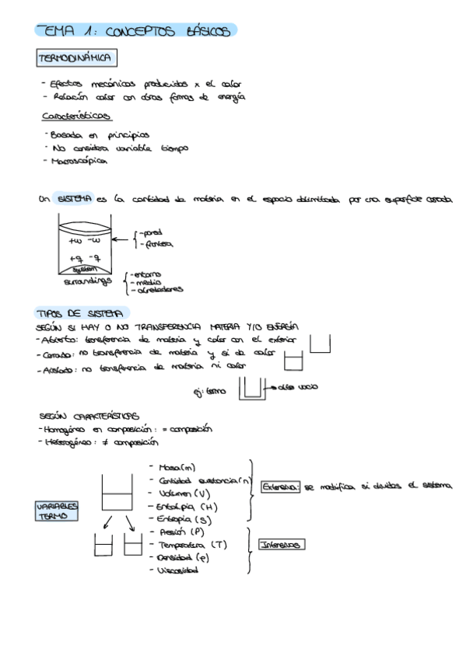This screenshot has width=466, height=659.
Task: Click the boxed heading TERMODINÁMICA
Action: (76, 59)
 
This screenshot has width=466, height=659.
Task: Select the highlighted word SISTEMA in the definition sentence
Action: (73, 199)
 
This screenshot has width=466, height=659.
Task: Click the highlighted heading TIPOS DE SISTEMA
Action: (77, 314)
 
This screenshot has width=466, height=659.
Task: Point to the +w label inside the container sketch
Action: (75, 241)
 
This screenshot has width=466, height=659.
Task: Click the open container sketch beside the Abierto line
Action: (321, 343)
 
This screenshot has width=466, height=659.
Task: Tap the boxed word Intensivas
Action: (281, 545)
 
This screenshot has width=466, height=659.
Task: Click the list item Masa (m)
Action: (177, 467)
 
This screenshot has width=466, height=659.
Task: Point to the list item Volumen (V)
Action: (184, 493)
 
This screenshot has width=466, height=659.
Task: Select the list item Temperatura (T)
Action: (192, 545)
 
